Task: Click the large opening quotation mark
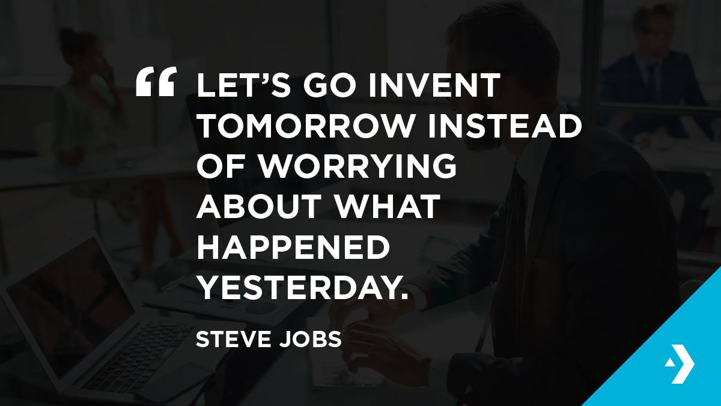[x=156, y=82]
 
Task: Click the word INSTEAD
[x=504, y=125]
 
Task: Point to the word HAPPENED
[x=293, y=246]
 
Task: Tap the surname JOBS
[x=310, y=339]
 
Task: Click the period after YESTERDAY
[x=404, y=295]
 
